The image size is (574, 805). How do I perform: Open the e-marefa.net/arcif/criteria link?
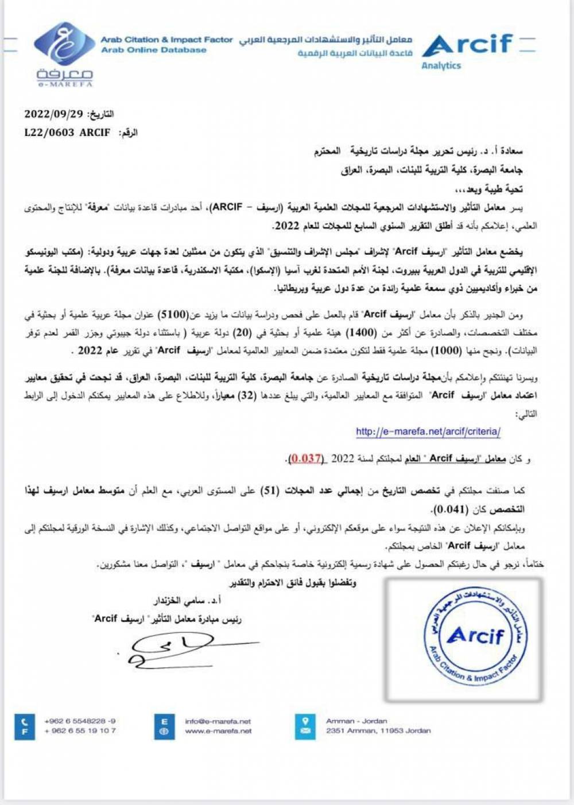pos(428,431)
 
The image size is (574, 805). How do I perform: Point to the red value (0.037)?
pos(306,458)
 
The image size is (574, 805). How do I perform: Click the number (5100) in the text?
pos(173,314)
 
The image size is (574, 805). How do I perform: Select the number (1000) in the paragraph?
pos(445,350)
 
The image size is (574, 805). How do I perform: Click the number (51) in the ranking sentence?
pos(270,491)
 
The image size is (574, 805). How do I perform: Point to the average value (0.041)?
pos(451,509)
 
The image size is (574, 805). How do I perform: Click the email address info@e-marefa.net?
pos(218,721)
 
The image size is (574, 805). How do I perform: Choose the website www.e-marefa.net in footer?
pos(218,731)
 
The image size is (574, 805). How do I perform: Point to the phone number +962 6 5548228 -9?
pos(80,721)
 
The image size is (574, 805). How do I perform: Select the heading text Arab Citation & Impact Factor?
pos(166,40)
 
